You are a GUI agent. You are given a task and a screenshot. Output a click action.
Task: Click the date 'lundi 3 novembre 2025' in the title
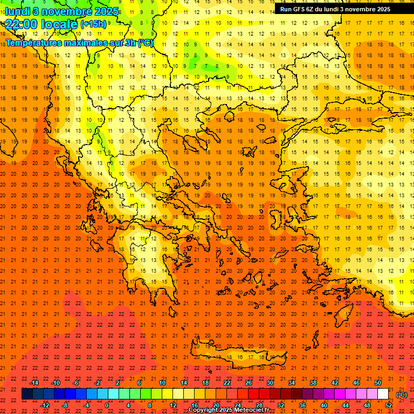pos(62,11)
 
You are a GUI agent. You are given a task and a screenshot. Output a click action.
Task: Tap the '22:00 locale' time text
pos(41,24)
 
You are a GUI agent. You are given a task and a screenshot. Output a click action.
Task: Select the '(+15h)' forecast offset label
pos(93,24)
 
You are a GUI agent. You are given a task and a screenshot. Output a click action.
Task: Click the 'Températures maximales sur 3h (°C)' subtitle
pos(79,43)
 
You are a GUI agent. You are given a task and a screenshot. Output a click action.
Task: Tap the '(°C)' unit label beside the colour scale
pos(401,395)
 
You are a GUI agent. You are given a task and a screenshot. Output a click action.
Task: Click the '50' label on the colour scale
pos(377,383)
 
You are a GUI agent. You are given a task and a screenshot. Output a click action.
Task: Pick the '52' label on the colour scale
pos(389,405)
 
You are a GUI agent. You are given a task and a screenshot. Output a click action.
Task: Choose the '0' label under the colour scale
pos(106,405)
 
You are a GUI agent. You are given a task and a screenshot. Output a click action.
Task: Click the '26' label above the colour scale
pos(248,383)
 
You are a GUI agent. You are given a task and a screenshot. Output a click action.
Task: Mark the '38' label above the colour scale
pos(313,383)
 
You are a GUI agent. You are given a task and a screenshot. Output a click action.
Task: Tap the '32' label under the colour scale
pos(280,405)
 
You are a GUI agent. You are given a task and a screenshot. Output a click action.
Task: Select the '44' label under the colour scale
pos(345,405)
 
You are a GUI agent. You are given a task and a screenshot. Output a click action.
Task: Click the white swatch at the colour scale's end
pos(383,394)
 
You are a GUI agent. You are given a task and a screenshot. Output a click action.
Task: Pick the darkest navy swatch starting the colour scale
pos(27,394)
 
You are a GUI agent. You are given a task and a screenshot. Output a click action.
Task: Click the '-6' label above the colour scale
pos(76,383)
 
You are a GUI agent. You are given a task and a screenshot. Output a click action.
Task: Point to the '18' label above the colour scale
pos(205,383)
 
